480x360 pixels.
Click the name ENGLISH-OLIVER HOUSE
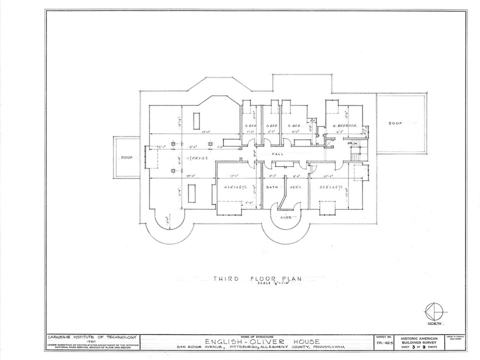257,342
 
